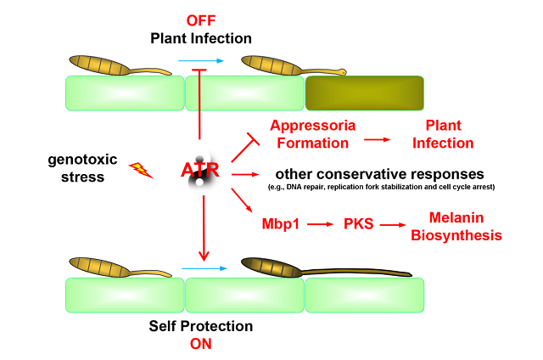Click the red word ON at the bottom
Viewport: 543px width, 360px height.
click(x=200, y=343)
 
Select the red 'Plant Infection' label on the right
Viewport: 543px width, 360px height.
click(x=449, y=134)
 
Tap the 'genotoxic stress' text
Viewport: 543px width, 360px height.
click(x=77, y=169)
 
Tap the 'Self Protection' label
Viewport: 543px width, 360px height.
click(x=201, y=326)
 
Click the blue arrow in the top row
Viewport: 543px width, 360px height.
click(x=201, y=61)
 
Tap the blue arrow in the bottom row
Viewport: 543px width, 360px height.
click(x=201, y=267)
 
